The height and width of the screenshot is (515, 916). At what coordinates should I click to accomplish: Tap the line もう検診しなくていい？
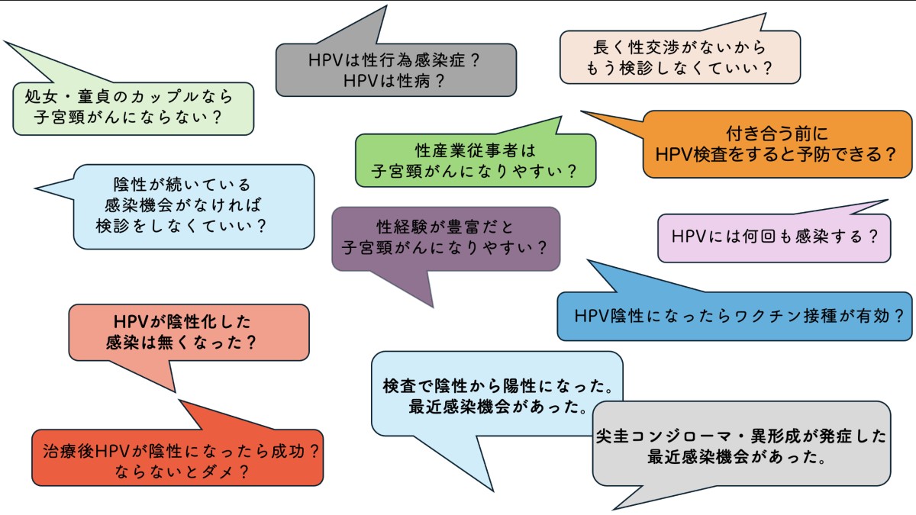679,68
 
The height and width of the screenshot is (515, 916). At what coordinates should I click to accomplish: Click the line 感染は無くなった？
181,343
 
